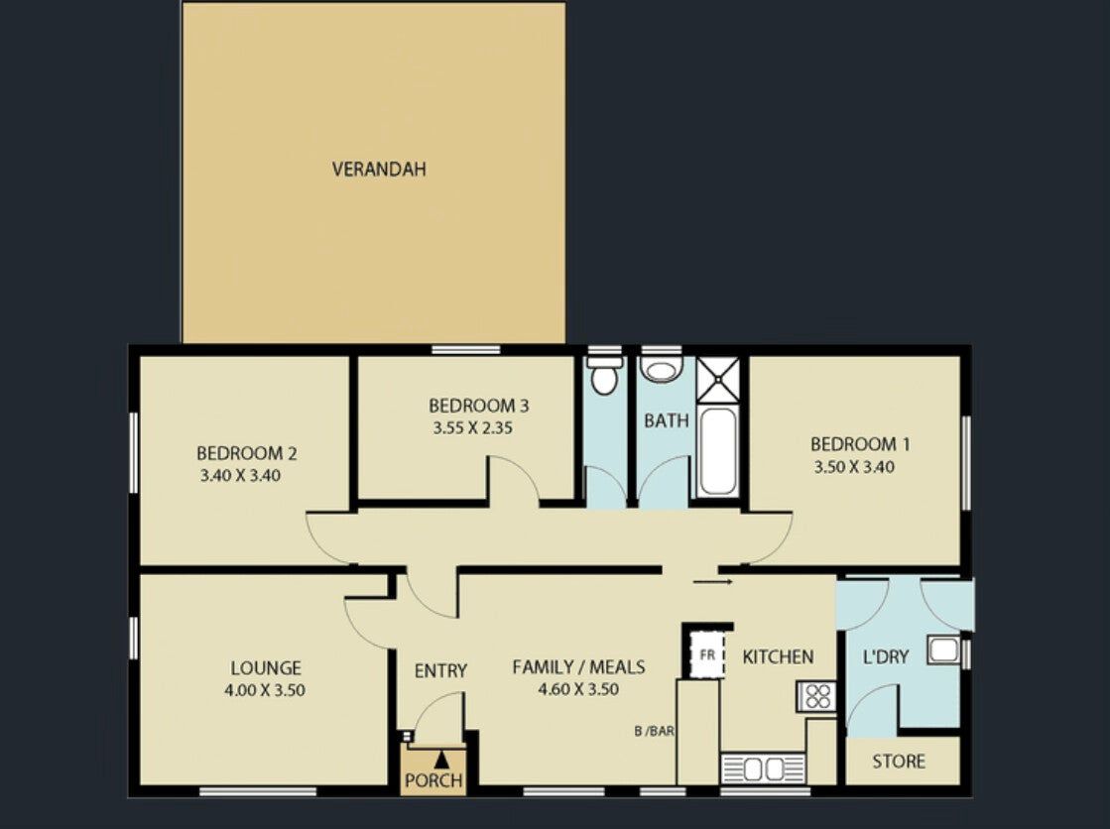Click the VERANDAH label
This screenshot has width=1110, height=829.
[x=379, y=170]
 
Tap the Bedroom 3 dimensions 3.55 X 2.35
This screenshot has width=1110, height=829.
[x=473, y=427]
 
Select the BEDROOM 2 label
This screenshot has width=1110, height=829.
[x=246, y=453]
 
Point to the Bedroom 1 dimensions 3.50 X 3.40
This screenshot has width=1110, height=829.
[x=854, y=466]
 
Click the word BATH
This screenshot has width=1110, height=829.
[x=667, y=421]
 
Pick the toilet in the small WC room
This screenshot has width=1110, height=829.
[x=604, y=375]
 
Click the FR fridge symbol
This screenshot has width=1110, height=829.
[x=707, y=654]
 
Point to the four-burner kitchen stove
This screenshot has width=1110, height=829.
[x=817, y=696]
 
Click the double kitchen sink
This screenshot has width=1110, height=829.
[x=763, y=769]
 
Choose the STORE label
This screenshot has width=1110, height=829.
[x=899, y=762]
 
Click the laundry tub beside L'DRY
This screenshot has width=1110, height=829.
[x=943, y=650]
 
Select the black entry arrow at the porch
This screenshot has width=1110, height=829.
[x=441, y=760]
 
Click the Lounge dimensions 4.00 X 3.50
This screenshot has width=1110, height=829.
[x=265, y=690]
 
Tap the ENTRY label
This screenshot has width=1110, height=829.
[x=440, y=670]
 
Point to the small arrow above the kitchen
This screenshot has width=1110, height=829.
[x=713, y=583]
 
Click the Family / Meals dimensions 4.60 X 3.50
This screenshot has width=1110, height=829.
[x=578, y=689]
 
